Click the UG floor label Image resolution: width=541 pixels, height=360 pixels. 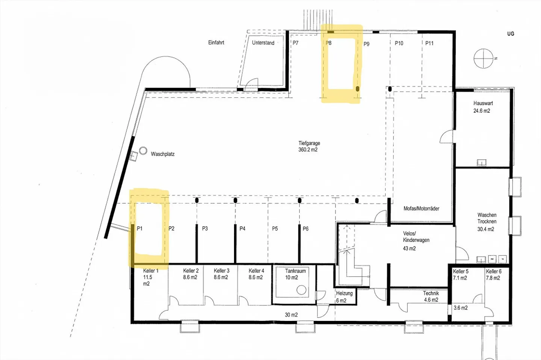point(511,34)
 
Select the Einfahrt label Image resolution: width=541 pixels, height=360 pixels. point(216,42)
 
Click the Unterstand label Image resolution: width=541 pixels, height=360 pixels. point(263,43)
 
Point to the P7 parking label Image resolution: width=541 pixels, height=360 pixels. point(295,43)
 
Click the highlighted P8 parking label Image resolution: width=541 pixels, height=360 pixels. point(328,43)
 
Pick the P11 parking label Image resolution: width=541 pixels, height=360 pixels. point(429,43)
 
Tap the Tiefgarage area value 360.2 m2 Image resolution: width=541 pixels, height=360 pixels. point(308,150)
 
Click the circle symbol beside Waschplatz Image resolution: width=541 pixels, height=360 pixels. point(143,151)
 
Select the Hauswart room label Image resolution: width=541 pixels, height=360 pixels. point(483,103)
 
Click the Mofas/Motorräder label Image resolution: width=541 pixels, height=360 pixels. point(422,209)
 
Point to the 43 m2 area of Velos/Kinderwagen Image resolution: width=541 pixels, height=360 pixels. point(410,248)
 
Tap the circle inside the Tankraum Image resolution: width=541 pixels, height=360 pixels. point(301,290)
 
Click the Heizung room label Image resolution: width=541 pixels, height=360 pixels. point(345,293)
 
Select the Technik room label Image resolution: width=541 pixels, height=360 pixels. point(431,293)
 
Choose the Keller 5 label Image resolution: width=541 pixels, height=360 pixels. point(461,271)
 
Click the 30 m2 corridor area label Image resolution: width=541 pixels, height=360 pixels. point(291,315)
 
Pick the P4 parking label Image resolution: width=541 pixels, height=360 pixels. point(242,228)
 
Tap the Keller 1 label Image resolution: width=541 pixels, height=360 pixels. point(151,271)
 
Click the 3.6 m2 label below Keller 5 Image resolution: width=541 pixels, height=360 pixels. point(461,308)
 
